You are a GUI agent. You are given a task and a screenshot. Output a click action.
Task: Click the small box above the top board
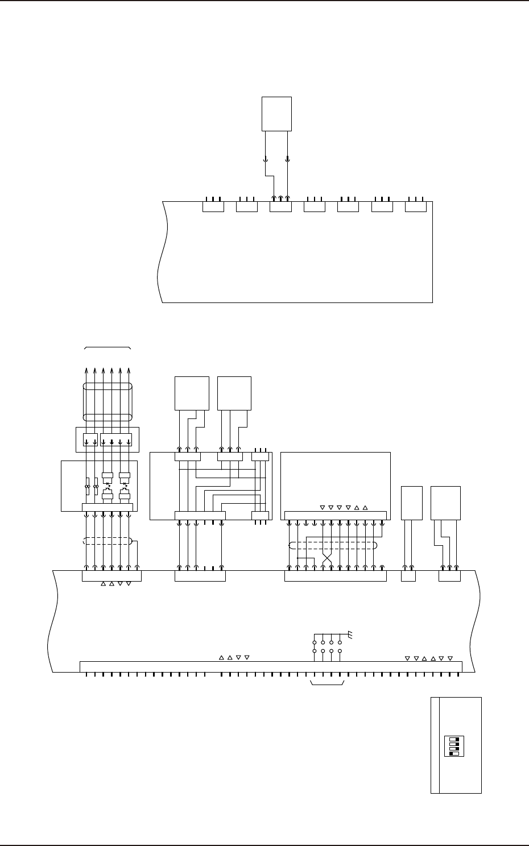(x=276, y=114)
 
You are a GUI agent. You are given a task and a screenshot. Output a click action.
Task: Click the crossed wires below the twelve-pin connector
(x=327, y=556)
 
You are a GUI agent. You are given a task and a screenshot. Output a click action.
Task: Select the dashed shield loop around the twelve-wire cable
(x=333, y=545)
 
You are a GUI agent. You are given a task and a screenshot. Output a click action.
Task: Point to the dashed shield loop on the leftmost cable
(x=108, y=541)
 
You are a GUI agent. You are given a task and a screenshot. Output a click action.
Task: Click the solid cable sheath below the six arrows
(x=108, y=401)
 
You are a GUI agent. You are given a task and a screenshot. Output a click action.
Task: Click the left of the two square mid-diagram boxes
(x=192, y=393)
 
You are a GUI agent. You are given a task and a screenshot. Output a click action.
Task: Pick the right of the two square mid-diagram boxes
(x=234, y=393)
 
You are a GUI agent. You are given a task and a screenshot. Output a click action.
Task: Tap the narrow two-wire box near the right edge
(x=412, y=503)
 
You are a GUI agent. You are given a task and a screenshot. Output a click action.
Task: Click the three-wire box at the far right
(x=446, y=503)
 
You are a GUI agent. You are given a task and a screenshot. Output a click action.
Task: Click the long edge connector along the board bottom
(x=270, y=666)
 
